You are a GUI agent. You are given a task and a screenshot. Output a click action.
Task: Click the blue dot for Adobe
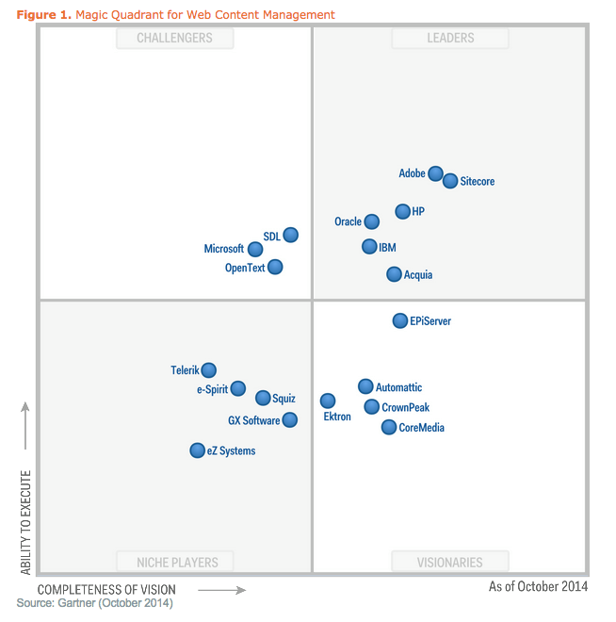click(435, 173)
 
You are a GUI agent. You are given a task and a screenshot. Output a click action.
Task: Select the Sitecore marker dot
click(450, 181)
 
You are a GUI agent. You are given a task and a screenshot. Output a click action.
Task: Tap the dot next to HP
click(402, 212)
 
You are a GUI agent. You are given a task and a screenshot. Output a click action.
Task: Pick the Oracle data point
click(371, 221)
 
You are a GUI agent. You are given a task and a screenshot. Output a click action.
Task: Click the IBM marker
click(369, 247)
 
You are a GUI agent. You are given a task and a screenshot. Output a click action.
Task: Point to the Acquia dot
click(394, 274)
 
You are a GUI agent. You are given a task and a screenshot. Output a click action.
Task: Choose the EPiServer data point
click(400, 321)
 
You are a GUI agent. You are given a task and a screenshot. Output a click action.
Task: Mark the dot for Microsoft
click(254, 250)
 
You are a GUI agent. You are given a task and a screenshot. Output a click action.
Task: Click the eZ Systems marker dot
click(197, 450)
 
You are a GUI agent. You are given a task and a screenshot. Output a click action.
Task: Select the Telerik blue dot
click(208, 370)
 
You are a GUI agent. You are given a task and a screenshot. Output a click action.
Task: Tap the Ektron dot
click(327, 401)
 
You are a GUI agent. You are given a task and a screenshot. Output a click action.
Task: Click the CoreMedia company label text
click(421, 428)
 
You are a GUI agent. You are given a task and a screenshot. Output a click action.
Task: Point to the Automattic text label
click(398, 387)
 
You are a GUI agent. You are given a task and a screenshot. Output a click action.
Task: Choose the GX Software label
click(253, 420)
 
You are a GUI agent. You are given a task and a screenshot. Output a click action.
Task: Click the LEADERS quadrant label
click(450, 39)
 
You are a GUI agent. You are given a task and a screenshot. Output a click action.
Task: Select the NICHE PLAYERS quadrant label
click(176, 563)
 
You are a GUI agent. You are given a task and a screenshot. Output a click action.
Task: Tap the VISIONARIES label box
click(450, 563)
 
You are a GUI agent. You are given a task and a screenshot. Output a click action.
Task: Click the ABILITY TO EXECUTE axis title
click(26, 522)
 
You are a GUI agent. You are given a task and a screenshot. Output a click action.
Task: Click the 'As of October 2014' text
click(538, 586)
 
